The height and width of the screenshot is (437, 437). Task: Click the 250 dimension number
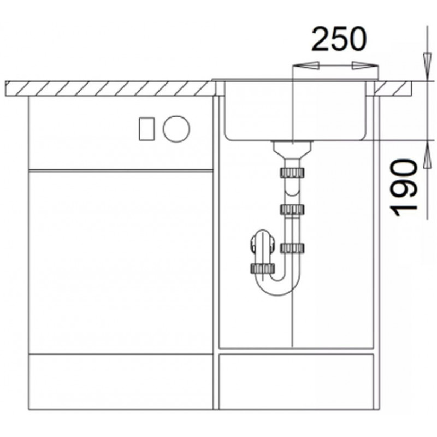coord(338,39)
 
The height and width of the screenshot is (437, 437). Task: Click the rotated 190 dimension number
coord(404,188)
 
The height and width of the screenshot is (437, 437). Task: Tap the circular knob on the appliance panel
coord(176,129)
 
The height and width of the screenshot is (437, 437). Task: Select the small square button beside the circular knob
coord(147,129)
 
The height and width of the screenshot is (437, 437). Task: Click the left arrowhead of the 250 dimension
coord(305,66)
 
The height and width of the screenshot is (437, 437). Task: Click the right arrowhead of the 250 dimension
coord(365,66)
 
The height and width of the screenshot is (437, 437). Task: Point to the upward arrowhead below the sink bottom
coord(427,155)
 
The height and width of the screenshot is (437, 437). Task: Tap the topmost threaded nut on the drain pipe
coord(292,173)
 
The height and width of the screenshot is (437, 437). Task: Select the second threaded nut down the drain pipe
coord(292,209)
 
